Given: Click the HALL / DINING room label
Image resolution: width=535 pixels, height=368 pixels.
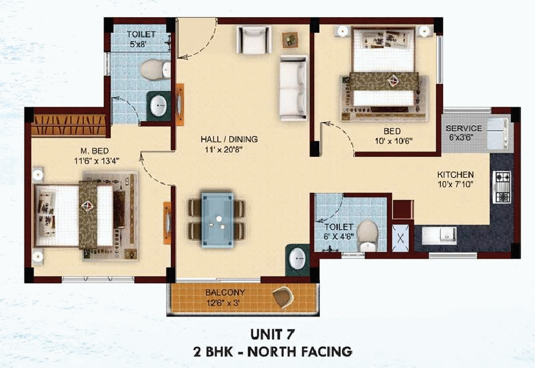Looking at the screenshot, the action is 229,139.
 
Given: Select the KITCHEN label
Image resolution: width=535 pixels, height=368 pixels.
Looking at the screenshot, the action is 455,175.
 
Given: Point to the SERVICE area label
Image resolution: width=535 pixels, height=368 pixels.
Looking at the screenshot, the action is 464,129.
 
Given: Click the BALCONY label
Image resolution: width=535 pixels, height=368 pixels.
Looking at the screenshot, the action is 225,293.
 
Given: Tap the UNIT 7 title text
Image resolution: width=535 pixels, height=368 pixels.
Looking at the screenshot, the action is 272,334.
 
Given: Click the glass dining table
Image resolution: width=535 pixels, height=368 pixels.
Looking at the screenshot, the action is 218,220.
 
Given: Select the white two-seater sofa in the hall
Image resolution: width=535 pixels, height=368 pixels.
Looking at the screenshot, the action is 293,88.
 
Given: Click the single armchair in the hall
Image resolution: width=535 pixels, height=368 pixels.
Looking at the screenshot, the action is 254,40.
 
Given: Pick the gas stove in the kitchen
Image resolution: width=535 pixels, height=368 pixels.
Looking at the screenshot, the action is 501,187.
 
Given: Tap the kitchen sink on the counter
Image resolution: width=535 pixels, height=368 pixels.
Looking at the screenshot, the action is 439,236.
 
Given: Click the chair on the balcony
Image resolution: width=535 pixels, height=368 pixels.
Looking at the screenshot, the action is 283,297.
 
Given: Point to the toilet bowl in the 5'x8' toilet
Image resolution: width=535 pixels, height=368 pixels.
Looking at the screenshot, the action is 155,70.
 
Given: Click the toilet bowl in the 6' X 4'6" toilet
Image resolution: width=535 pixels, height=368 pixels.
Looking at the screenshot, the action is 367,236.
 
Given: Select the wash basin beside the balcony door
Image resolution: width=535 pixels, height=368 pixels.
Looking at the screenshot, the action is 297,259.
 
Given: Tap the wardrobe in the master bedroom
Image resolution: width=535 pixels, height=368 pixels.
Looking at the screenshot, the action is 69,125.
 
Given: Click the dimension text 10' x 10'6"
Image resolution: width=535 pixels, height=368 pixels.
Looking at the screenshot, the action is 393,141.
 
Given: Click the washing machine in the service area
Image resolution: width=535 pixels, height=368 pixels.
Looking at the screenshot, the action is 498,134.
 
